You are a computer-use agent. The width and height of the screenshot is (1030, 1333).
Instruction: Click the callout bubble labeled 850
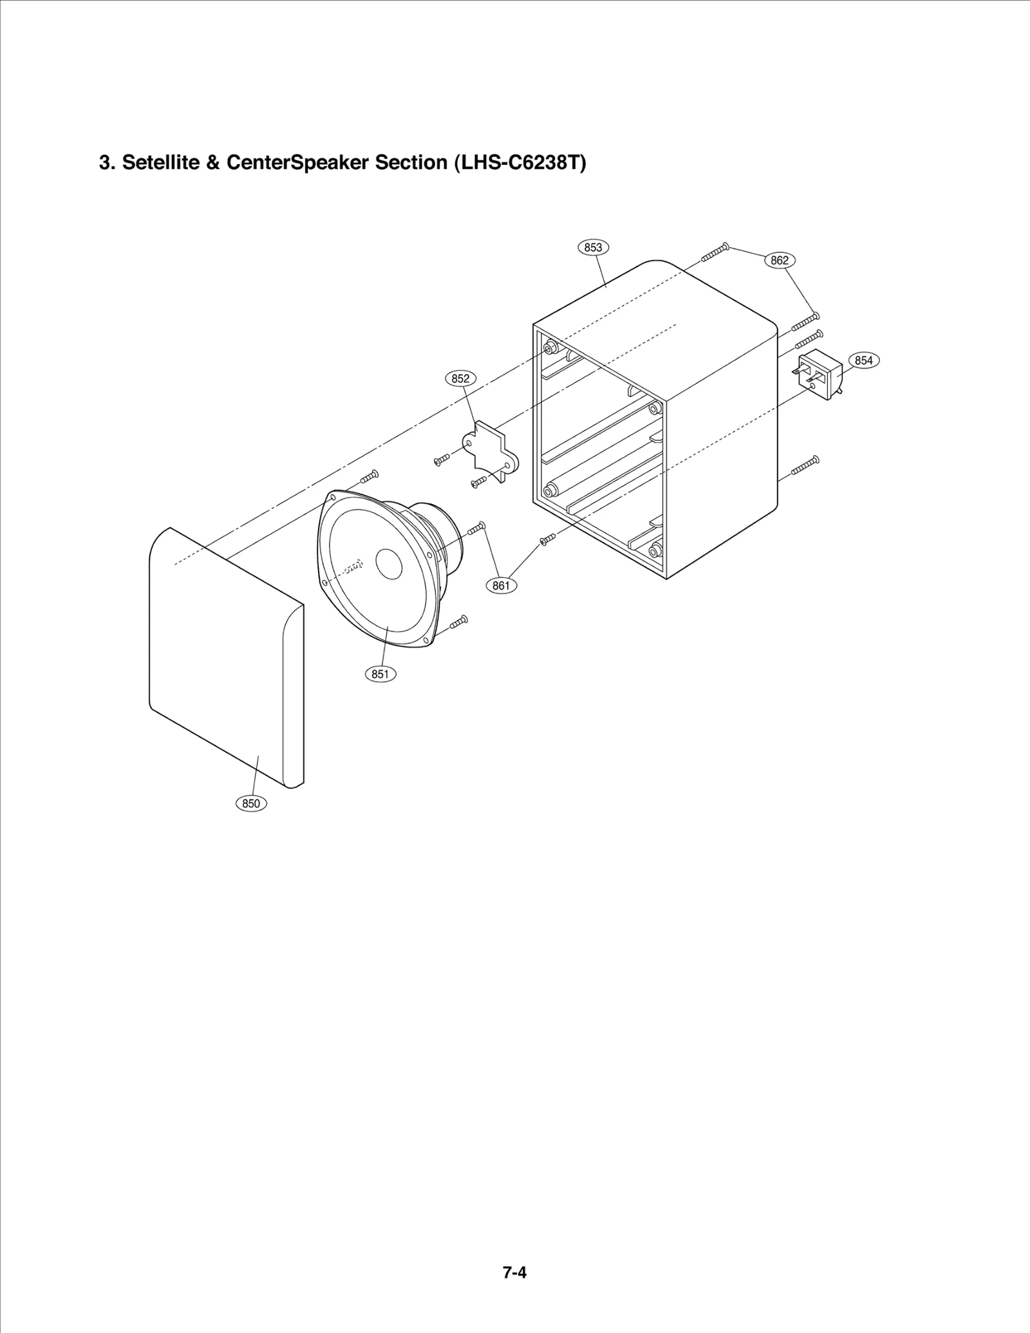click(251, 803)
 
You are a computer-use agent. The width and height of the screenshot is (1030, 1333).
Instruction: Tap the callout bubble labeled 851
click(380, 674)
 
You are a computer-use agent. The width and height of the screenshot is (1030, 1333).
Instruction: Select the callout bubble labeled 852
click(460, 378)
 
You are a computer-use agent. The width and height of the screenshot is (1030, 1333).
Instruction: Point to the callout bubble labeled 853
click(593, 247)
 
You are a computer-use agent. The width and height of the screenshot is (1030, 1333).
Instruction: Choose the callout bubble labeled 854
click(863, 360)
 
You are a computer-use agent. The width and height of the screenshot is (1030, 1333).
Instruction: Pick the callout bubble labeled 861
click(501, 585)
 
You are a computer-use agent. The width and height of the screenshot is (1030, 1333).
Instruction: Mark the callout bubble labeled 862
click(779, 260)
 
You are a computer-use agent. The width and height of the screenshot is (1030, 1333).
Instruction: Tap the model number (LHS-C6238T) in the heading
click(520, 163)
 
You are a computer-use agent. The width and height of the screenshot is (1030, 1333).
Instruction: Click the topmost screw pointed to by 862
click(715, 252)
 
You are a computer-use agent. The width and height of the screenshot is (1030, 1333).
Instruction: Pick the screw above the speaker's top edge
click(369, 477)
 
